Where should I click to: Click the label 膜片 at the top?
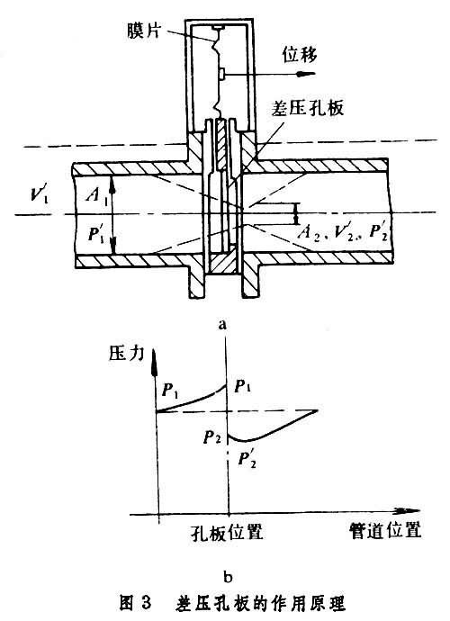tap(144, 30)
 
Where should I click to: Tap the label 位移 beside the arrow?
tap(300, 54)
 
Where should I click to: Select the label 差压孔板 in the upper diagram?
tap(307, 107)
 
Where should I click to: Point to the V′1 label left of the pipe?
tap(40, 195)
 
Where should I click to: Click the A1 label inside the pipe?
tap(97, 194)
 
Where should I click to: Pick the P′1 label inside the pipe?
tap(96, 235)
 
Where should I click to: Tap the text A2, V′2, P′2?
tap(343, 231)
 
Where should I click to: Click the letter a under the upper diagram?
tap(223, 325)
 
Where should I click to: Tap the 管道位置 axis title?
tap(385, 530)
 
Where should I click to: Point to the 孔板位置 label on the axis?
tap(227, 532)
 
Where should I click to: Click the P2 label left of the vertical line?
tap(212, 437)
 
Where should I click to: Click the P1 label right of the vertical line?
tap(242, 386)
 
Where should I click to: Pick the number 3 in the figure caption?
tap(145, 603)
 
